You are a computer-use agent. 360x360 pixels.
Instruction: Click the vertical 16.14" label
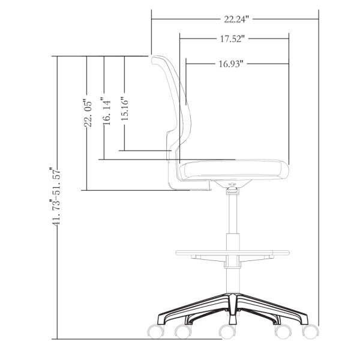click(x=106, y=112)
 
